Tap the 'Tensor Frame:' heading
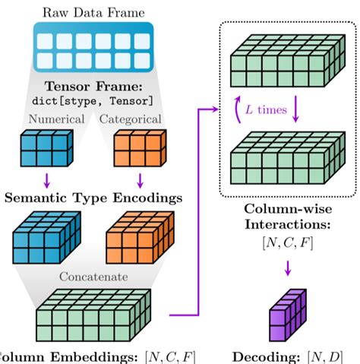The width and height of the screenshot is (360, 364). (93, 87)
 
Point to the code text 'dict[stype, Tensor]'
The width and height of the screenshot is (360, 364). (93, 100)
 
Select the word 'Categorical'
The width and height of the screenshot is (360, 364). (130, 119)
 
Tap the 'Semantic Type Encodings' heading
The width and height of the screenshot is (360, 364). (93, 198)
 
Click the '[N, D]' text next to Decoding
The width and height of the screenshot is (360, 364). (327, 356)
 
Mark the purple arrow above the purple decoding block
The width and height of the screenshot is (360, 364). (288, 267)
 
